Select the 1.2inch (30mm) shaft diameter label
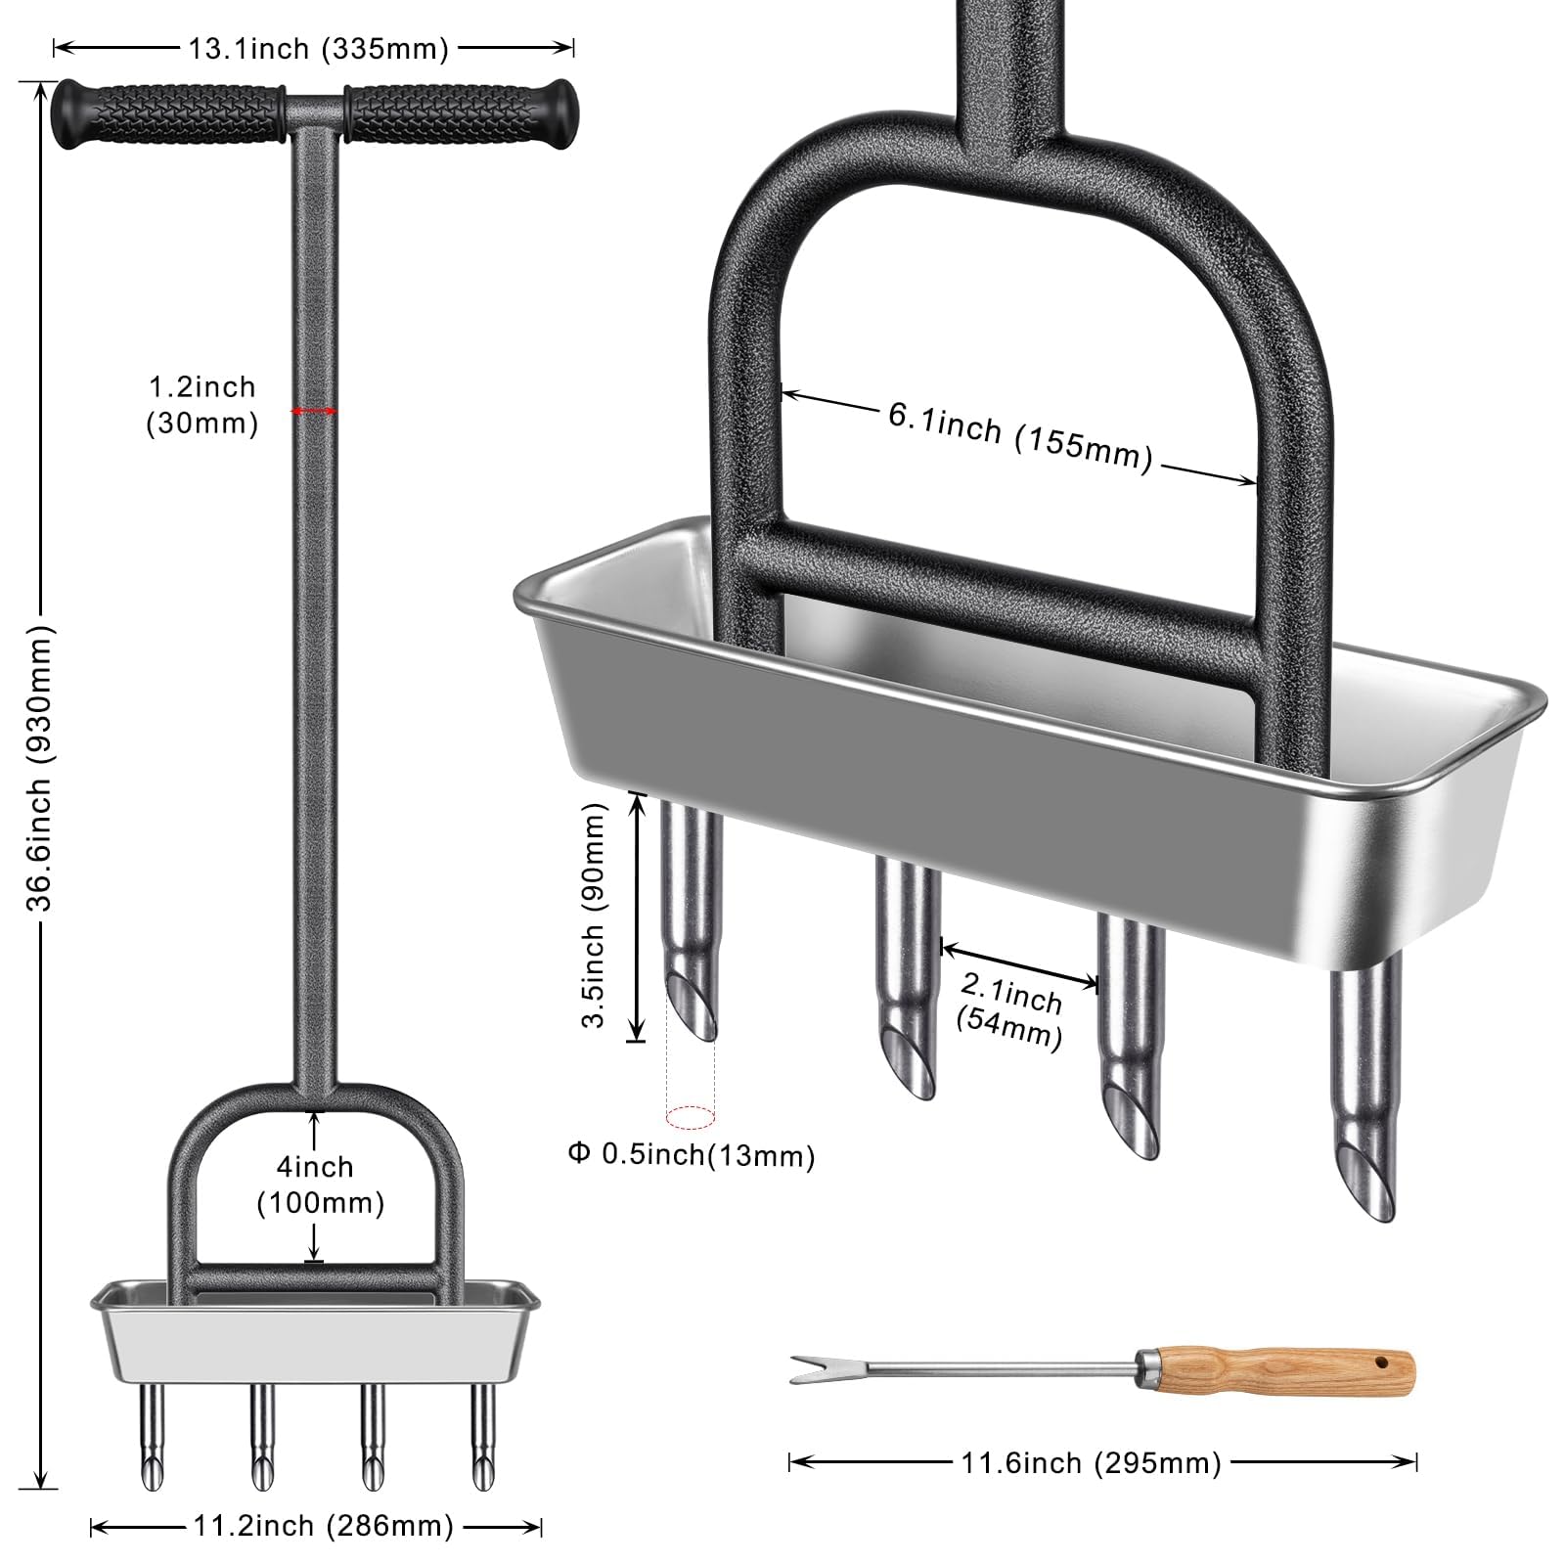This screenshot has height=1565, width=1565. click(x=201, y=405)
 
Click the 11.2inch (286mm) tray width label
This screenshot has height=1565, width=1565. click(x=320, y=1526)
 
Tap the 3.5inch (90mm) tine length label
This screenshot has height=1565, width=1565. click(x=594, y=916)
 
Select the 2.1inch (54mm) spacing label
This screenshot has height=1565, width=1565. click(x=1009, y=1014)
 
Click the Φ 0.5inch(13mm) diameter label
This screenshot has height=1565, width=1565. click(x=692, y=1155)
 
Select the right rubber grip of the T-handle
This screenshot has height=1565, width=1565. click(x=460, y=115)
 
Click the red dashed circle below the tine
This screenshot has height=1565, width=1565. click(x=690, y=1115)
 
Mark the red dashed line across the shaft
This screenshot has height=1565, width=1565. click(x=314, y=412)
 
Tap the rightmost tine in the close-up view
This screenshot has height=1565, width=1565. click(x=1366, y=1086)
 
